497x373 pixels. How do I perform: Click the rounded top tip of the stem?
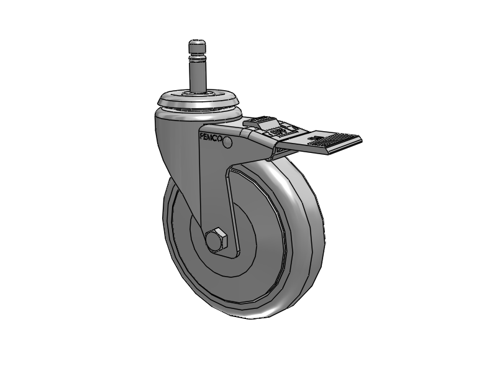[196, 42]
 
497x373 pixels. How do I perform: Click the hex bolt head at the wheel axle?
[217, 239]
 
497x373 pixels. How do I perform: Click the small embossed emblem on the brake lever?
[280, 132]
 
